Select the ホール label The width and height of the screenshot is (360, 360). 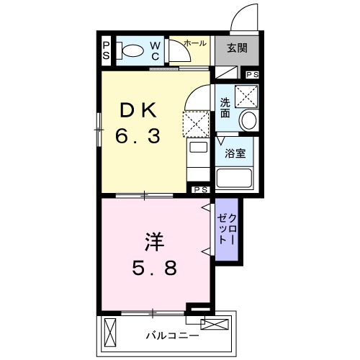(x=194, y=43)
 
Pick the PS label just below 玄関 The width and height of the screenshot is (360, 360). (x=252, y=75)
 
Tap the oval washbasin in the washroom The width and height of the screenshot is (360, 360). (x=248, y=120)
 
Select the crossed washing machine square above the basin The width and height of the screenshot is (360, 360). (x=247, y=95)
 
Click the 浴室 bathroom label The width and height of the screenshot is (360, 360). (x=235, y=153)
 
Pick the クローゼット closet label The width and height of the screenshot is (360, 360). (x=227, y=228)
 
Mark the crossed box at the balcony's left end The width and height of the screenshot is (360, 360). (x=109, y=332)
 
